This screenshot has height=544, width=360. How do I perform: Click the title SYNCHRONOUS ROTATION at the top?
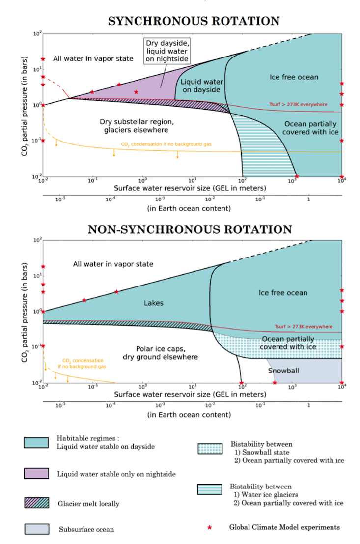(x=194, y=21)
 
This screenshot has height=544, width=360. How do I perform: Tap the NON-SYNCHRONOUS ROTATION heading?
(x=190, y=229)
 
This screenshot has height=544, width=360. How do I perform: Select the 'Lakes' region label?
(x=154, y=303)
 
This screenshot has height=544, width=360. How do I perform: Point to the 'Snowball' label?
(x=283, y=371)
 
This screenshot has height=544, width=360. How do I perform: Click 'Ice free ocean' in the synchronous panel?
(x=294, y=77)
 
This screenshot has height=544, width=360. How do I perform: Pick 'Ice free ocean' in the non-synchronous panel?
(x=283, y=293)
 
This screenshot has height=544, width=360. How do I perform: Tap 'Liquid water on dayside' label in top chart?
(x=199, y=86)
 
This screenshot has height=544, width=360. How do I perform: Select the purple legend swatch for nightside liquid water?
(x=36, y=474)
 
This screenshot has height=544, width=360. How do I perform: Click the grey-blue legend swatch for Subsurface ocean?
(x=36, y=529)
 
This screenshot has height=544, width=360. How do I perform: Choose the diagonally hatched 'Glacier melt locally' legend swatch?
(x=36, y=503)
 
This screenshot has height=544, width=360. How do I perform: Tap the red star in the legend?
(x=210, y=527)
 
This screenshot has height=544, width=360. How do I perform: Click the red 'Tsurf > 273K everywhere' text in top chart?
(x=298, y=104)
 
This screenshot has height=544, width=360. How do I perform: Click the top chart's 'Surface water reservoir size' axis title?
(x=190, y=188)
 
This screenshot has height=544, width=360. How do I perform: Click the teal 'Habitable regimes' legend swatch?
(x=36, y=443)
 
